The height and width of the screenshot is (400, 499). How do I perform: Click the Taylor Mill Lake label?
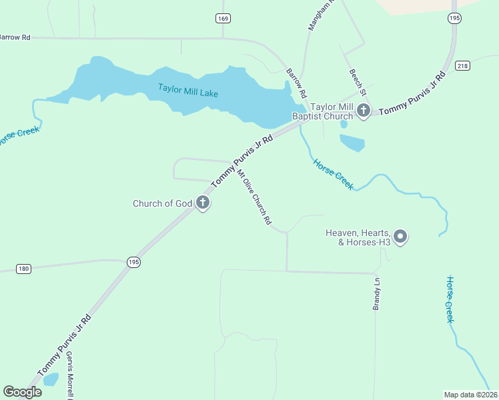click(188, 89)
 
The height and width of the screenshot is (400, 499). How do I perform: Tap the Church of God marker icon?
click(203, 203)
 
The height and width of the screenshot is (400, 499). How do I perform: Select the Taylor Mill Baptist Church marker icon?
click(363, 110)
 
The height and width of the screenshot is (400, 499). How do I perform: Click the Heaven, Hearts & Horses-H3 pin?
click(400, 236)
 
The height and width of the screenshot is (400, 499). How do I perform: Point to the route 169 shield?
click(223, 19)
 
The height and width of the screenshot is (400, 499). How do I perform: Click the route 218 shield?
click(462, 65)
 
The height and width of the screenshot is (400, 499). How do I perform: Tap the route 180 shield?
click(23, 269)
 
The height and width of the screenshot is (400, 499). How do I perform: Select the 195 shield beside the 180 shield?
click(133, 263)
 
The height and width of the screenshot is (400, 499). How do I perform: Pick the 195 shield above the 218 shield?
click(454, 19)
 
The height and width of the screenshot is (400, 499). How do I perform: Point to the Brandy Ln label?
click(376, 294)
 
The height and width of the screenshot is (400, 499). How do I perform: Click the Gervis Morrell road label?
click(69, 375)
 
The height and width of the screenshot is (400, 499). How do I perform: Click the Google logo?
click(22, 392)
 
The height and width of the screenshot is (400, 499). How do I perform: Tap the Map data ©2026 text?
click(470, 395)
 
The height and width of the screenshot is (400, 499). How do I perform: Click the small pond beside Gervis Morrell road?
click(50, 379)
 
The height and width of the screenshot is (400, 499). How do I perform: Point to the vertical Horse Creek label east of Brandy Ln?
click(450, 299)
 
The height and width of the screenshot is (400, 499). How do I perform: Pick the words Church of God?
click(162, 203)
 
